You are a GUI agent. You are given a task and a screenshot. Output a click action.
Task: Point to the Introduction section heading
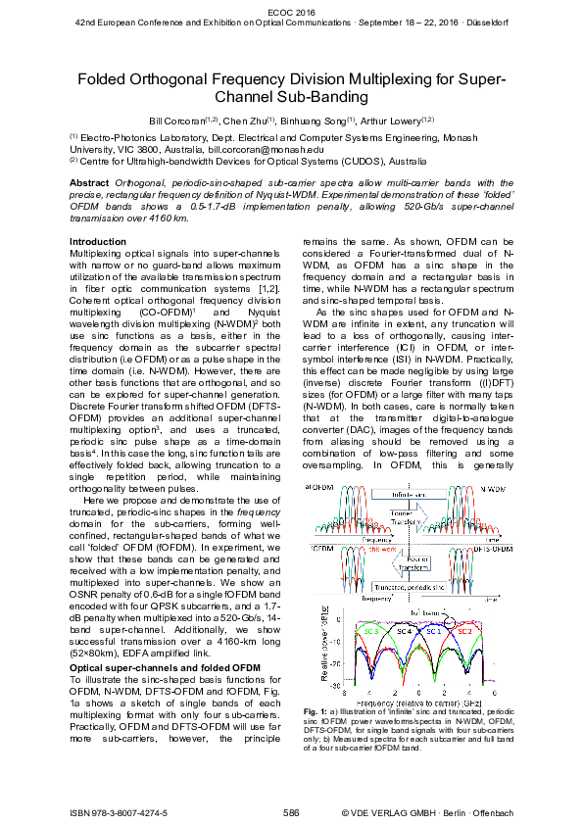click(99, 241)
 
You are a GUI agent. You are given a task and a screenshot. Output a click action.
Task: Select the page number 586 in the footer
click(291, 812)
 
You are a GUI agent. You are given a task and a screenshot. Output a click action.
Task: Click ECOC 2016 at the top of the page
click(290, 9)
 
